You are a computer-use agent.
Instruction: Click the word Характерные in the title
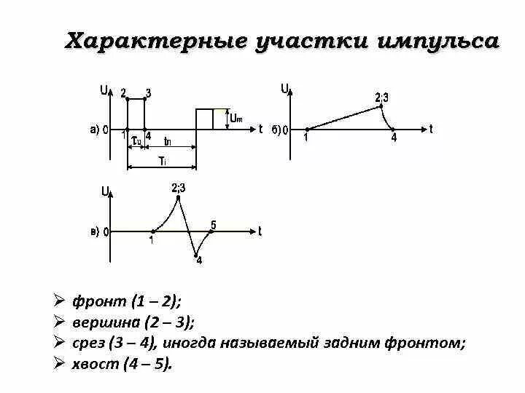146,41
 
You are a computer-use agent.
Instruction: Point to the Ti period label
163,161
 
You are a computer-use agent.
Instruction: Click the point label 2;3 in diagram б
381,97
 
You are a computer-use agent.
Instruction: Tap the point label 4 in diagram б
394,138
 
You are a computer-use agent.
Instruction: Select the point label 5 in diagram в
214,223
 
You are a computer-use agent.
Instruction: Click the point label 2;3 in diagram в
179,188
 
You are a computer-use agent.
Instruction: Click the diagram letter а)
95,130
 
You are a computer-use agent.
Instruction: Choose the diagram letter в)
95,232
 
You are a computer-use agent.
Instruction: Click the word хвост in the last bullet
94,364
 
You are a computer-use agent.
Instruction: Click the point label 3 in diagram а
148,92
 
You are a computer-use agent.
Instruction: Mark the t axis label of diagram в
260,231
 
